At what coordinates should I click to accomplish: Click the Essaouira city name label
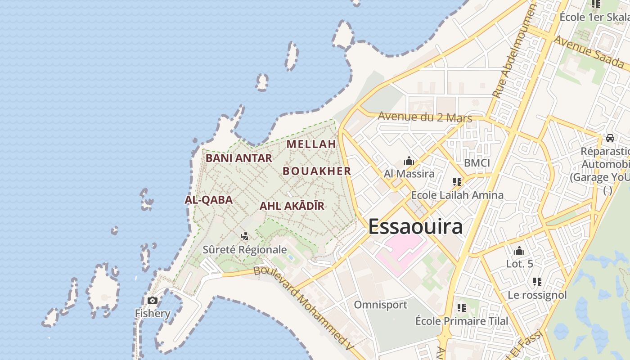pos(415,226)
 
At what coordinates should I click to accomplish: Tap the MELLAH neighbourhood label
pos(311,144)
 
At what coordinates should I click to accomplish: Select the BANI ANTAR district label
pos(239,158)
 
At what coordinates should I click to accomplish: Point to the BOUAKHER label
pos(317,171)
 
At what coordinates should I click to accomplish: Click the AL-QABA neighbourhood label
pos(209,200)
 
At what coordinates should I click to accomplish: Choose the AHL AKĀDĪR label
pos(292,206)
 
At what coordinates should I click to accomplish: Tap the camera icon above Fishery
pos(153,300)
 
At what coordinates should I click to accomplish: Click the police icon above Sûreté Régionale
pos(245,236)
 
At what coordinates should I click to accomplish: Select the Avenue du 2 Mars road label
pos(425,117)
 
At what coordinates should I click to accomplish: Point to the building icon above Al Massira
pos(409,161)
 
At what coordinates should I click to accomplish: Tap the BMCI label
pos(477,163)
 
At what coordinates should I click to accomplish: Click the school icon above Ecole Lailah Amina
pos(457,182)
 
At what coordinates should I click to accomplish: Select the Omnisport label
pos(380,305)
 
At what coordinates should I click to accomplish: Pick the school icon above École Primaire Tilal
pos(461,308)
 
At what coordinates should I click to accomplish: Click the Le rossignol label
pos(537,295)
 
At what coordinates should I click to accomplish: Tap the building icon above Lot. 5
pos(519,251)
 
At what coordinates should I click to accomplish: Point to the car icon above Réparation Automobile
pos(610,138)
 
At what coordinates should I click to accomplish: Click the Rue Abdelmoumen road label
pos(514,51)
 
